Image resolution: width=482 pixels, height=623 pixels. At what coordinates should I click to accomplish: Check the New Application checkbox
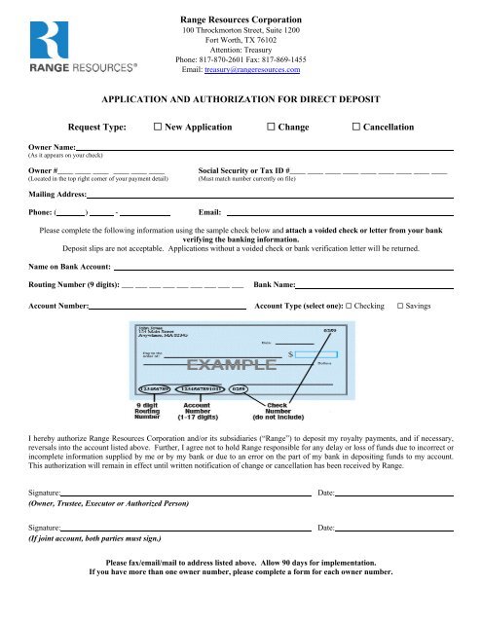point(159,128)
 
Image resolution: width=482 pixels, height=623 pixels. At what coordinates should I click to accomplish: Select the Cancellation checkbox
point(357,128)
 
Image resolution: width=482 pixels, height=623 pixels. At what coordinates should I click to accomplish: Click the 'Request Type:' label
point(98,128)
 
